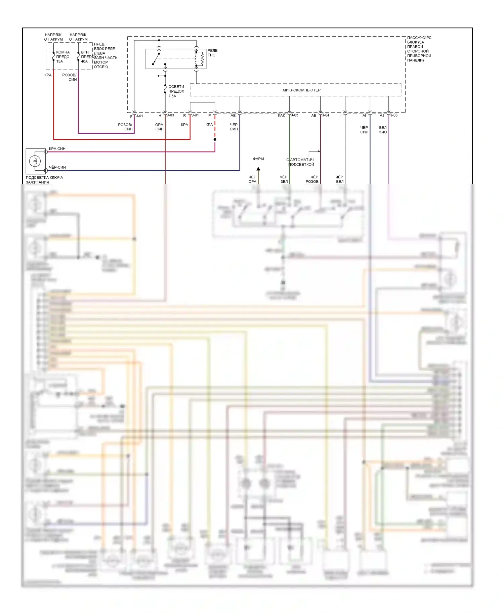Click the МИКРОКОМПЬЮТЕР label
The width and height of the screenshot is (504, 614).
tap(301, 90)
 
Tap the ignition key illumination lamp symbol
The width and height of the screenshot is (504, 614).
tap(35, 161)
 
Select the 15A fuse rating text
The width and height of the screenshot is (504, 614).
tap(59, 61)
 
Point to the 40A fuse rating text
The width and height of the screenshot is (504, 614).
tap(84, 61)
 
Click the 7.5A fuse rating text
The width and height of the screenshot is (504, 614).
tap(172, 96)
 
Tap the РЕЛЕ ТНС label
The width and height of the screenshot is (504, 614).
tap(212, 53)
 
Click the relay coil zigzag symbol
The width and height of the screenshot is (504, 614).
tap(202, 59)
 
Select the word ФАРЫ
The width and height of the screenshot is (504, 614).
tap(258, 159)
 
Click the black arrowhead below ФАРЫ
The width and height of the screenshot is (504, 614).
tap(258, 169)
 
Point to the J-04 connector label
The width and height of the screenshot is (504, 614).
tap(326, 115)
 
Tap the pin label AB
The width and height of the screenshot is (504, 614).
tap(233, 116)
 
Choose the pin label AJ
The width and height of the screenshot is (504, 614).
tap(382, 116)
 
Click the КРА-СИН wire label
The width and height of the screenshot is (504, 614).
tap(57, 149)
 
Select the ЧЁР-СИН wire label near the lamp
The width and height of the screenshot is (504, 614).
tap(57, 167)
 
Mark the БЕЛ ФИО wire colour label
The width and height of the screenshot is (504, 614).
tap(383, 130)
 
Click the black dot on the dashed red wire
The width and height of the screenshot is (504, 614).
tap(215, 139)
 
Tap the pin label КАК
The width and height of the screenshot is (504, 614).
tap(282, 116)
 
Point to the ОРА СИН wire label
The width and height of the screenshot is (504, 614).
tap(159, 127)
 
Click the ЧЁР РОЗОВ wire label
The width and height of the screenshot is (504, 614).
tap(312, 179)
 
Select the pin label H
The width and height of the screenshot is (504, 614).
tap(160, 116)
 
